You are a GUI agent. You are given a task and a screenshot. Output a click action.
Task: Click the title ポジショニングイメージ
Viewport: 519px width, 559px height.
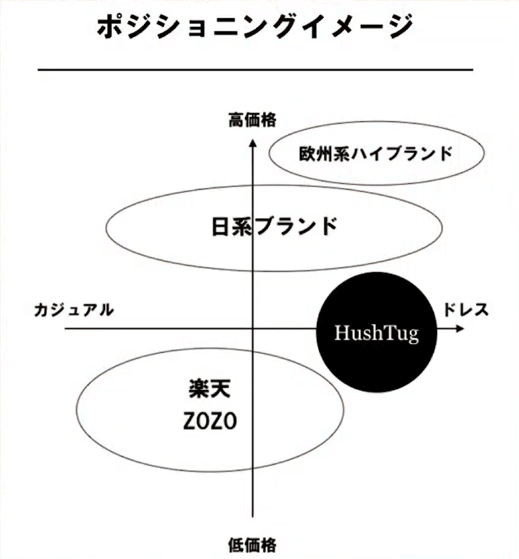tap(256, 27)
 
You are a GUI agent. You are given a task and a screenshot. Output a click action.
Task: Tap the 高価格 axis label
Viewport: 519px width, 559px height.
tap(252, 120)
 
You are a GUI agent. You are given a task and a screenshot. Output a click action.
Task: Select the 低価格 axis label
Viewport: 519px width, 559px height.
tap(252, 545)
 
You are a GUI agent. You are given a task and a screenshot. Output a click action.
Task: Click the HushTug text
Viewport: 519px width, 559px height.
tap(375, 333)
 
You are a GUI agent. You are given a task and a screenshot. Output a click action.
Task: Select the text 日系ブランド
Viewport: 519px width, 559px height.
tap(276, 226)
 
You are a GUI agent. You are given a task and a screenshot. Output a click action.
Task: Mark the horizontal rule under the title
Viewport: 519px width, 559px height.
tap(256, 69)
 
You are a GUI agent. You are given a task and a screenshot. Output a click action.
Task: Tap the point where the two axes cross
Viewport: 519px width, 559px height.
tap(253, 328)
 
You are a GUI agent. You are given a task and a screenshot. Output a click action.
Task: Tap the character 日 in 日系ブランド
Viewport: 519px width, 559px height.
tap(221, 226)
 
